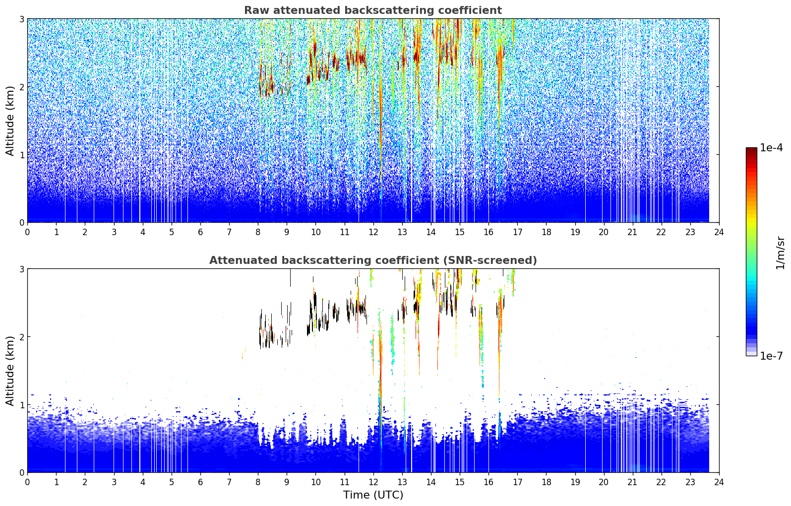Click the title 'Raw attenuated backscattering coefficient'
tap(373, 10)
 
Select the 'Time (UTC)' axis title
tap(373, 495)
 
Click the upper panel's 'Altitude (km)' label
tap(10, 121)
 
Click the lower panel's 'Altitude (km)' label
tap(10, 371)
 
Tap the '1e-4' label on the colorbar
tap(771, 148)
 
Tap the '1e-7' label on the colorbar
tap(771, 356)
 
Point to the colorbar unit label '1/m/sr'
tap(780, 253)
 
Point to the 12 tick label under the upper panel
tap(373, 232)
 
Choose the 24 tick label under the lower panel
tap(719, 482)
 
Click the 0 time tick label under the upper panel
tap(28, 232)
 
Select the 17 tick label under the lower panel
tap(517, 482)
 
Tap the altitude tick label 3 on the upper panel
tap(21, 19)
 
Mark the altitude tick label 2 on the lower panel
tap(21, 337)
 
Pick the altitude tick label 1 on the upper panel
tap(21, 155)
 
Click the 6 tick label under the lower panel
tap(200, 482)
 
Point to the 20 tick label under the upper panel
tap(604, 232)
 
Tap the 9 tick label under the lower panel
tap(287, 482)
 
